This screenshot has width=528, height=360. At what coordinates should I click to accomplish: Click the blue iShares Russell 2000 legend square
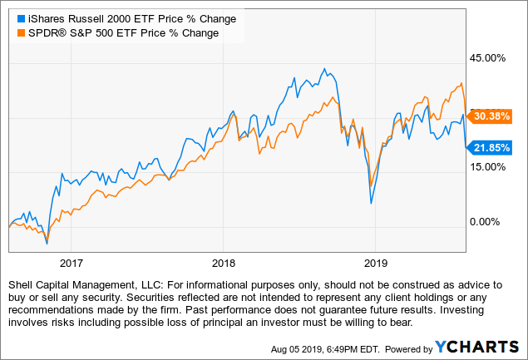click(12, 17)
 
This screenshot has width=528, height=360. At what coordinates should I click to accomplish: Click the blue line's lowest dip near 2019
click(371, 203)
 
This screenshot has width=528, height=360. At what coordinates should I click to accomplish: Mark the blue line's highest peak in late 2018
click(324, 68)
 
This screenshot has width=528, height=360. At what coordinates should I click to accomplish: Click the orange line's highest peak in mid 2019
click(461, 82)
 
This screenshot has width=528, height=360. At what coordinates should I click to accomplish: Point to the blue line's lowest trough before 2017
click(47, 243)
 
